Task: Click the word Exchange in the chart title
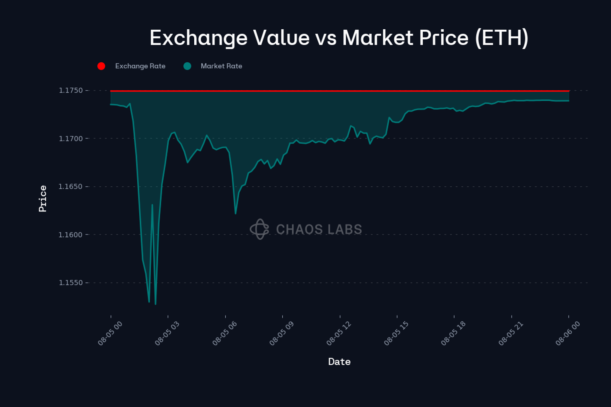point(198,38)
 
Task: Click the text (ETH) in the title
point(501,38)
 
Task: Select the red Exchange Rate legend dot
point(101,66)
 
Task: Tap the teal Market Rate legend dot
point(187,66)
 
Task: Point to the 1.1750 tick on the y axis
point(71,90)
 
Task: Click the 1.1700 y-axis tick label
point(71,139)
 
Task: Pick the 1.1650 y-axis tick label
point(71,187)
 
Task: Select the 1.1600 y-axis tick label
point(71,235)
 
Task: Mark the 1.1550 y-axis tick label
point(71,283)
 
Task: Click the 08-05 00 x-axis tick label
point(110,333)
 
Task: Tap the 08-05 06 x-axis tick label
point(224,333)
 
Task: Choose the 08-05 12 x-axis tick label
point(339,333)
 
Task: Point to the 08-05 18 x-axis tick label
point(453,333)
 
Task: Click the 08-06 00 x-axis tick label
point(568,333)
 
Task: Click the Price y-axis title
point(43,199)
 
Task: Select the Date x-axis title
point(339,361)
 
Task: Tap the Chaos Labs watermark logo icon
point(259,229)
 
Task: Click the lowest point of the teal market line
point(156,304)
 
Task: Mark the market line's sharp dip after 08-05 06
point(235,213)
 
